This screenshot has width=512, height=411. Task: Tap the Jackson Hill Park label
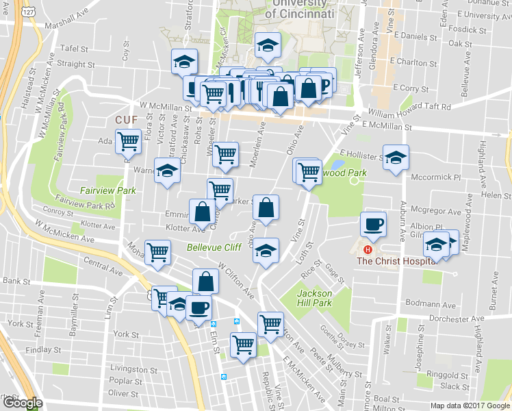314,298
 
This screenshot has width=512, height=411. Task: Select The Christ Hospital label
396,260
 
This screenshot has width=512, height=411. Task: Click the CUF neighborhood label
126,119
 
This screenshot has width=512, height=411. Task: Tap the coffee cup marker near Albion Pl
374,223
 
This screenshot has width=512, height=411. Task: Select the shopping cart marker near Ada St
128,141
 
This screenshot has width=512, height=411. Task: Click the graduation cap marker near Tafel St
184,61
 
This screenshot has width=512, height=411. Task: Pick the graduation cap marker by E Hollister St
396,157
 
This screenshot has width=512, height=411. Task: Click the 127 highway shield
28,12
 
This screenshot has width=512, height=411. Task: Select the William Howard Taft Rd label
409,110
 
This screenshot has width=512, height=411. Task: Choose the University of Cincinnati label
299,8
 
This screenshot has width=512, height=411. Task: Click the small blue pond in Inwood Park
337,165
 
